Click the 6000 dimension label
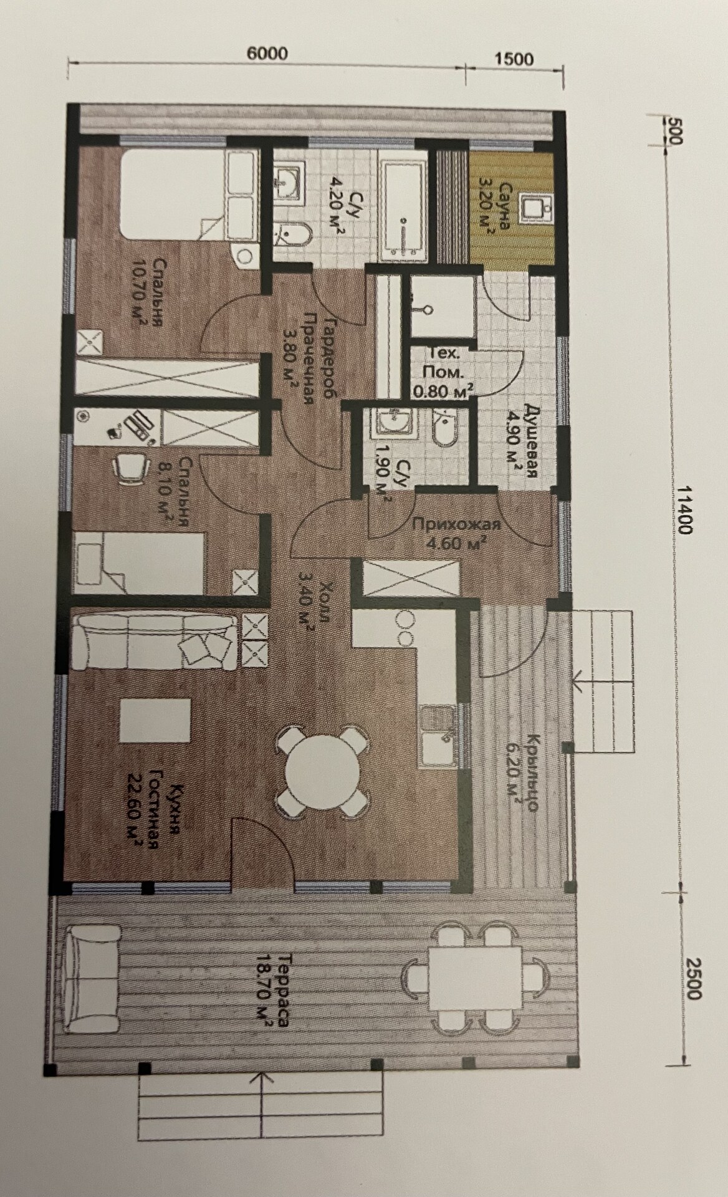pos(267,54)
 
